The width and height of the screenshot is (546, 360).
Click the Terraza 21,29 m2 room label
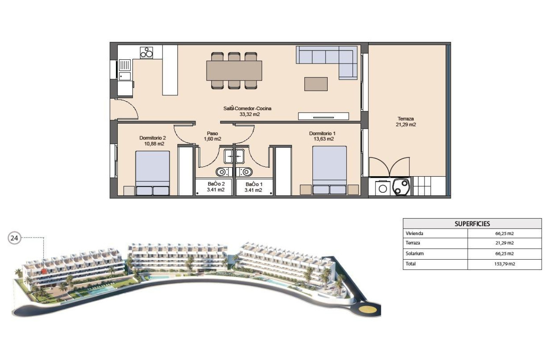[406, 122]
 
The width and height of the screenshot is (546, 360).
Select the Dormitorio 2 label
[152, 141]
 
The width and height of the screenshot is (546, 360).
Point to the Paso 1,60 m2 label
[212, 136]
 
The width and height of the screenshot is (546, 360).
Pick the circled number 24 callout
[14, 238]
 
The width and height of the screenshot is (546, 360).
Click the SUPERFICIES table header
[472, 224]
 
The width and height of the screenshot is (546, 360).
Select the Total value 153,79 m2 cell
[504, 264]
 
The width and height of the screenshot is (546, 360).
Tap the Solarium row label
[415, 254]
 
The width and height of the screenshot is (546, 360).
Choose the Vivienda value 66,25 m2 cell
[504, 233]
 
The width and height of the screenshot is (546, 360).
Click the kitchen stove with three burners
[147, 53]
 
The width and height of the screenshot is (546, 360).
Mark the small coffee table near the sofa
[316, 84]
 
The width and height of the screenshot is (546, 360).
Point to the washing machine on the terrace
[383, 188]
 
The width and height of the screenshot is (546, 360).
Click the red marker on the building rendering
[44, 270]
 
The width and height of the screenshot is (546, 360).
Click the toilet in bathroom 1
[247, 172]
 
